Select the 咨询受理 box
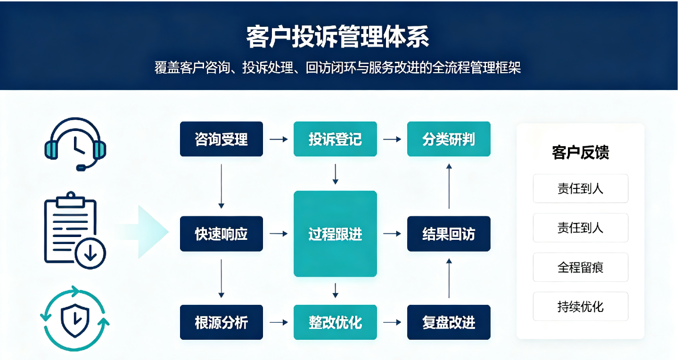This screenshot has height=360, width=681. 222,139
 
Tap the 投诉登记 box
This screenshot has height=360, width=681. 335,139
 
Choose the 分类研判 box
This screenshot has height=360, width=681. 449,139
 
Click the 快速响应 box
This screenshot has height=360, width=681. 222,234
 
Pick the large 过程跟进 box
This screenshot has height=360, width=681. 335,234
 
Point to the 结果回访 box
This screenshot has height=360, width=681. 449,234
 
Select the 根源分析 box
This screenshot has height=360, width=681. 222,322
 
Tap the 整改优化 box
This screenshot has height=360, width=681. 335,322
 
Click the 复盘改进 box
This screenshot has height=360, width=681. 449,322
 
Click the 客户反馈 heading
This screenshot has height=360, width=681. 580,152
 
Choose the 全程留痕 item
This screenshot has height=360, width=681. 580,267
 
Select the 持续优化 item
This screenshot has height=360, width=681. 580,306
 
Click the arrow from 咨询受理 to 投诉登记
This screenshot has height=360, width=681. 279,139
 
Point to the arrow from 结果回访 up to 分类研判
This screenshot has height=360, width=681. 449,186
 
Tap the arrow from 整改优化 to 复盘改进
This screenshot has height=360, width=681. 392,322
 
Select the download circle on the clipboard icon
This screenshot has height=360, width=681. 90,254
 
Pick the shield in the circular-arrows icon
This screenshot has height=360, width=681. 75,320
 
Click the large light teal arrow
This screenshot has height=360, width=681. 143,232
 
